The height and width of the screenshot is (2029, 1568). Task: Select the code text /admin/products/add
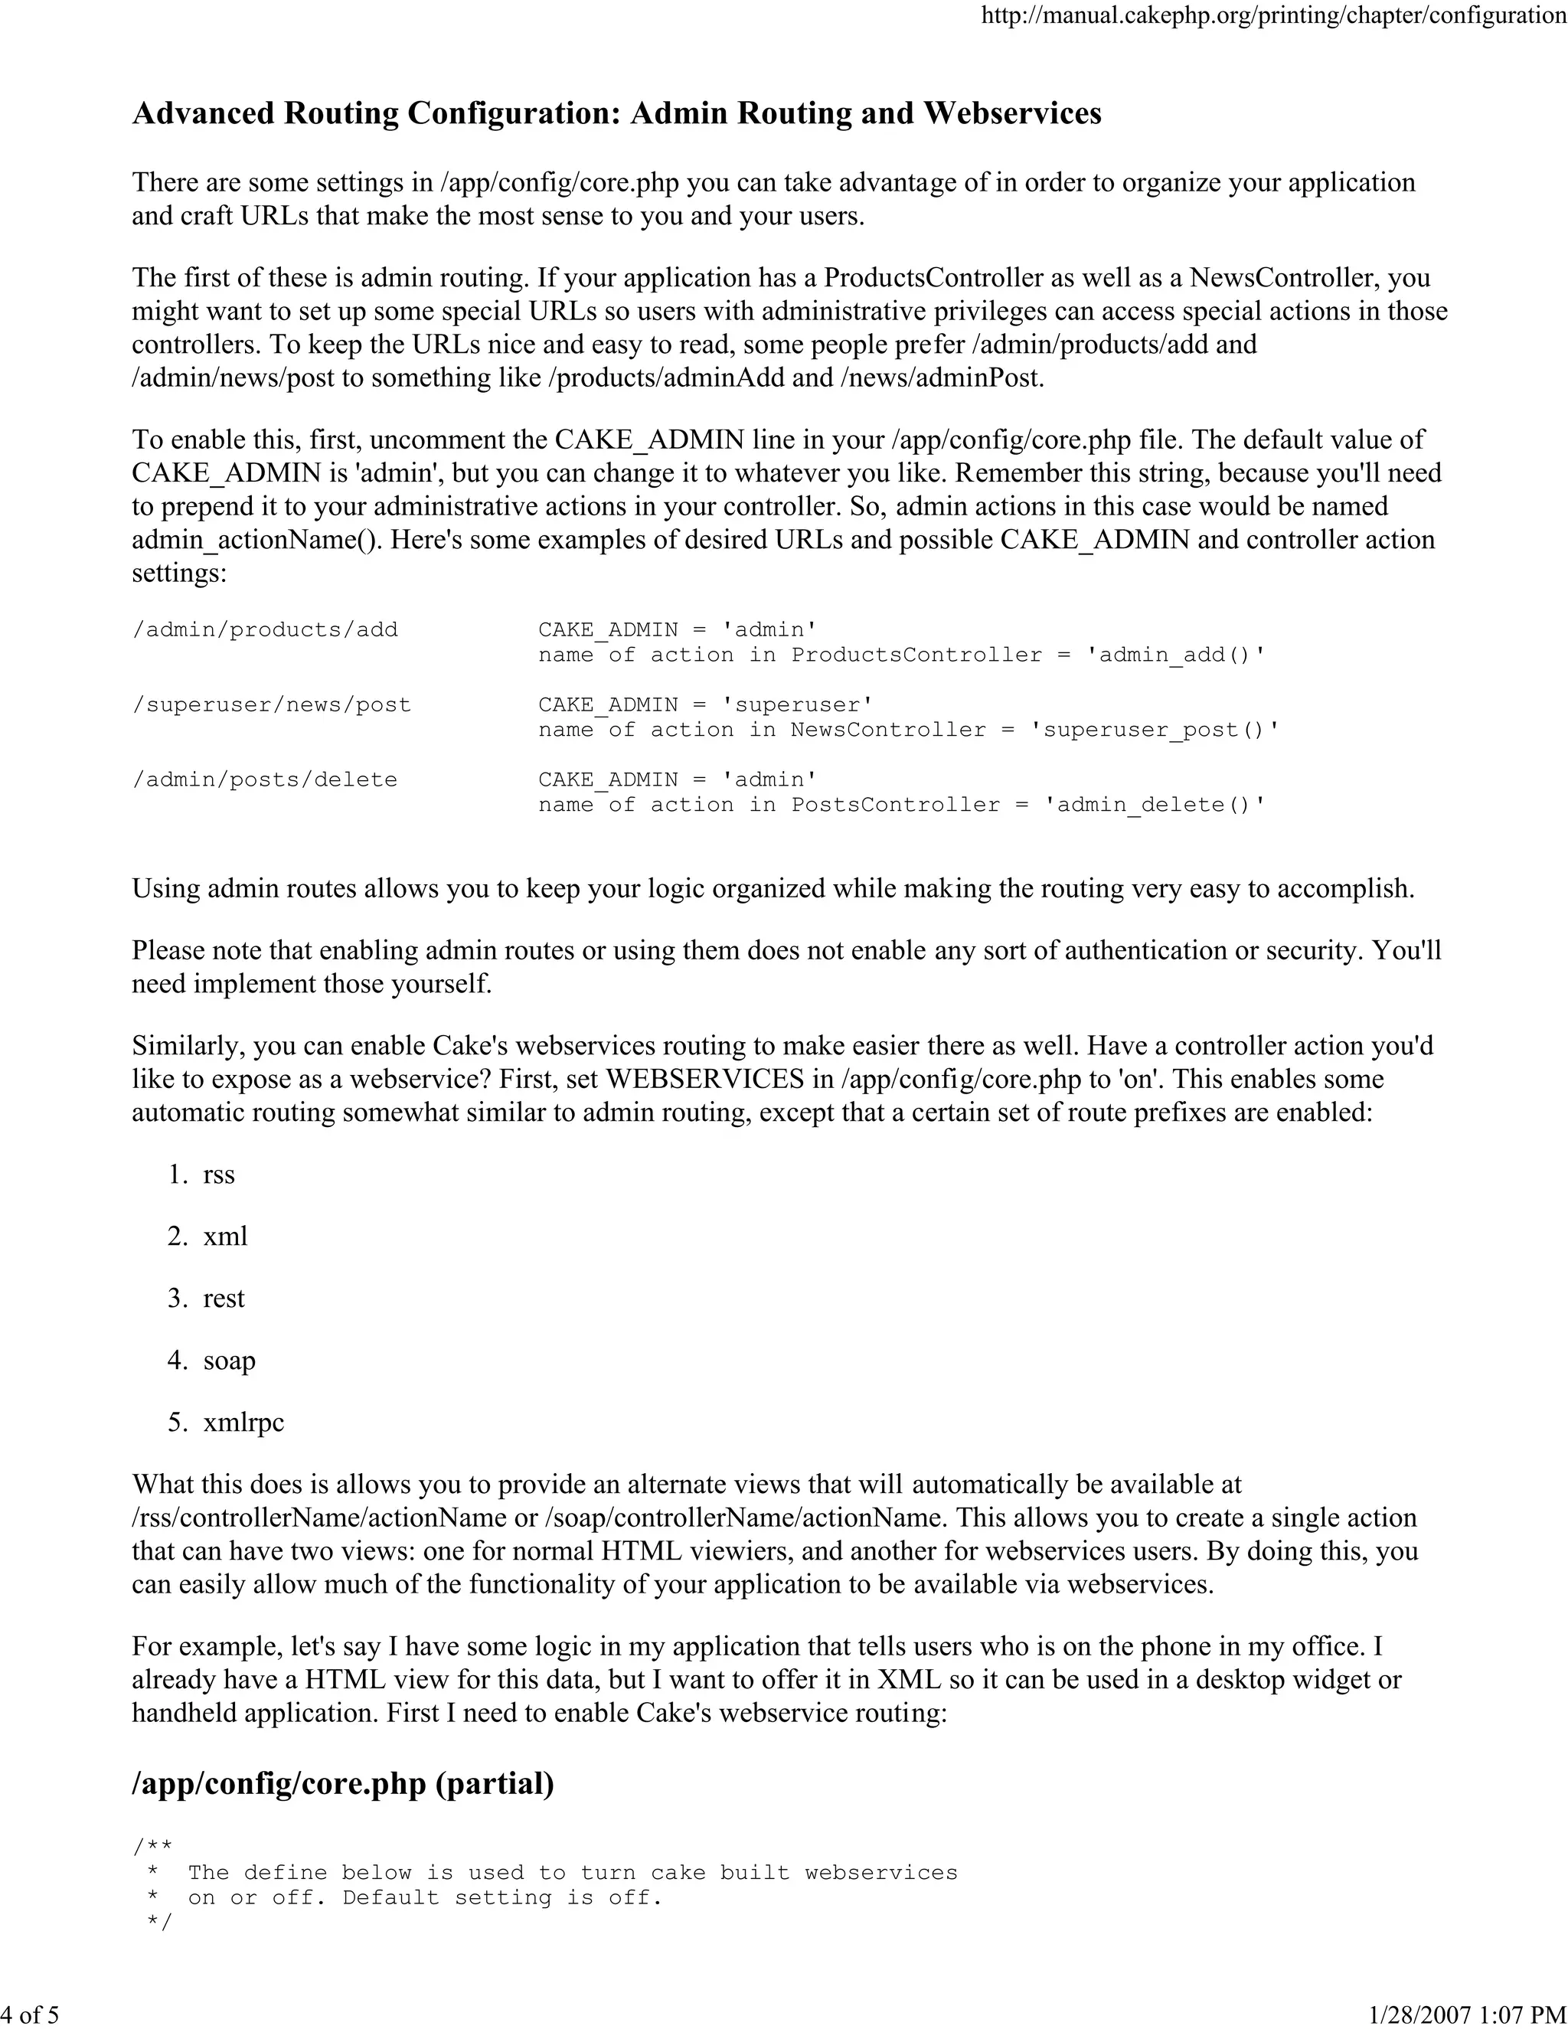265,630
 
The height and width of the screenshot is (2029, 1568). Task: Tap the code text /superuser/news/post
271,705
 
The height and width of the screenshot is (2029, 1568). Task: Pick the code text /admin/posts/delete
265,780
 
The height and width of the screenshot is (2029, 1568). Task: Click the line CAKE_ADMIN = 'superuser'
705,705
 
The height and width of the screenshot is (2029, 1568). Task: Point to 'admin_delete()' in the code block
1155,805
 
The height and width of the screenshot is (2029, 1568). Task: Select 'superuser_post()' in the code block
1155,730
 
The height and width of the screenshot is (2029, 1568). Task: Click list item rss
219,1175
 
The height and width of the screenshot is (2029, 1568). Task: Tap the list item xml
225,1237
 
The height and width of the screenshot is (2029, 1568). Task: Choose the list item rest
224,1299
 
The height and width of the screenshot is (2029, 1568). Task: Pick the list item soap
230,1361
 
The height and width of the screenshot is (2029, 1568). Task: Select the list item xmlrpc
243,1423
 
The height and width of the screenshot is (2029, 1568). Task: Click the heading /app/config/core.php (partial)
343,1784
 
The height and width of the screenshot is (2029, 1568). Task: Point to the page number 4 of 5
30,2014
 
